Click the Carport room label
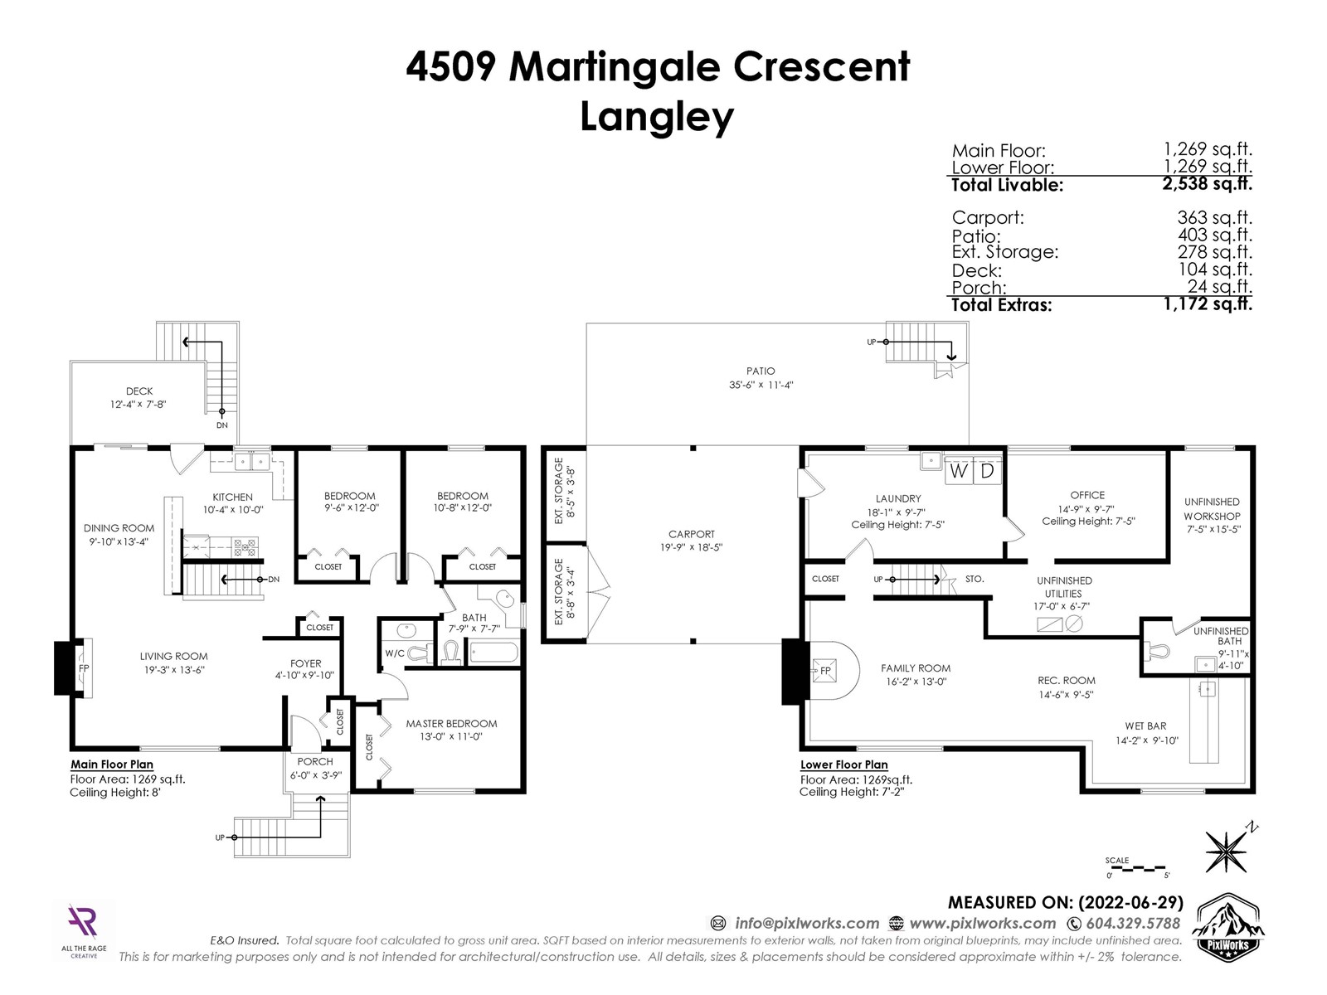click(x=691, y=534)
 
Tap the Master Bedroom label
click(x=452, y=723)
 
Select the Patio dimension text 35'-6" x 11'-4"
click(x=761, y=385)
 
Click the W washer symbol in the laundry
click(x=958, y=471)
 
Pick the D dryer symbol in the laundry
click(x=987, y=471)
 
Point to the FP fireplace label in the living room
click(x=84, y=669)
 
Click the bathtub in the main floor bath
click(x=494, y=653)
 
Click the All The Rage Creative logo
click(x=84, y=931)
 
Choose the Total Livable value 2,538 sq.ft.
click(x=1207, y=183)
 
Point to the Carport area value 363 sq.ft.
click(x=1214, y=217)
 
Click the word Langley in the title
click(x=657, y=117)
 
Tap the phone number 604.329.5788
click(x=1133, y=923)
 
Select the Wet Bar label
click(x=1145, y=726)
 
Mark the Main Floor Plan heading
click(x=112, y=764)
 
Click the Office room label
click(x=1087, y=495)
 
